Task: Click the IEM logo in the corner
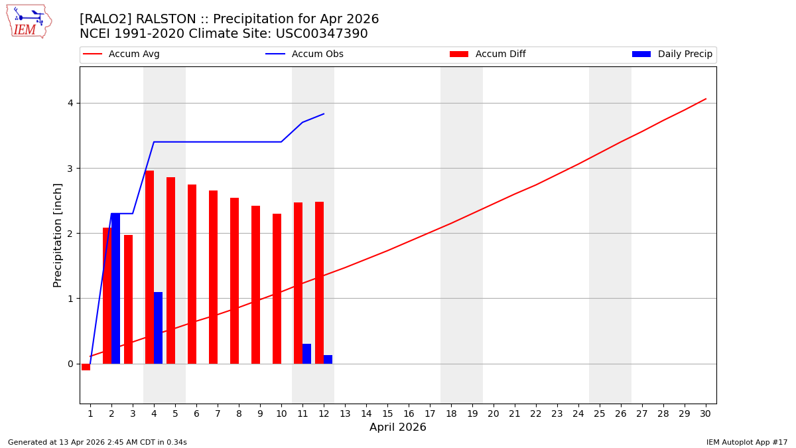pos(29,21)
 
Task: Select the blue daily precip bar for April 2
pos(115,289)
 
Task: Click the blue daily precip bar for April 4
pos(158,328)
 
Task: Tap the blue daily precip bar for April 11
pos(306,354)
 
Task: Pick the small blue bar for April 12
pos(328,359)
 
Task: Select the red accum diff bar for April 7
pos(213,277)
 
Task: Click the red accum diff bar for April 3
pos(128,299)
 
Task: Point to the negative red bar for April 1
pos(86,367)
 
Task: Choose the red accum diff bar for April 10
pos(277,289)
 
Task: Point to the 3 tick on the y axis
pos(69,169)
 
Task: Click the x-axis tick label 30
pos(705,413)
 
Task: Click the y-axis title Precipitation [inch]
pos(58,235)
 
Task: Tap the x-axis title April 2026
pos(397,427)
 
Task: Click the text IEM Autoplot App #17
pos(747,442)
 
